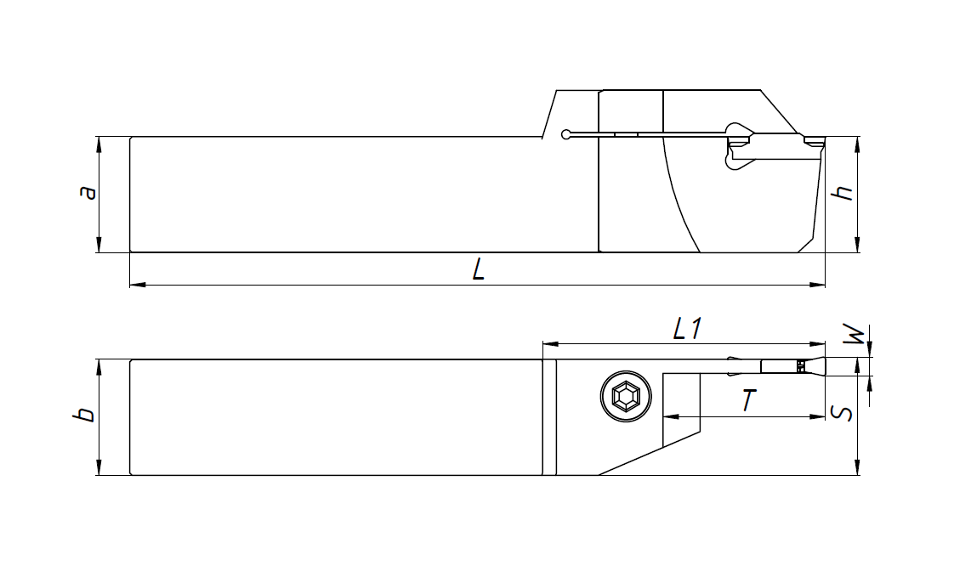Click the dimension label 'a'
coord(87,194)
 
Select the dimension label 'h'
coord(843,193)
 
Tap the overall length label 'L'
coord(479,271)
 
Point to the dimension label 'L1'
coord(686,330)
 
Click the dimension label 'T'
coord(747,400)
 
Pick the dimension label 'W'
coord(860,336)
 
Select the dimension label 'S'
coord(841,414)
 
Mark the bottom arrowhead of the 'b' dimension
coord(99,469)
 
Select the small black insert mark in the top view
coord(800,366)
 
